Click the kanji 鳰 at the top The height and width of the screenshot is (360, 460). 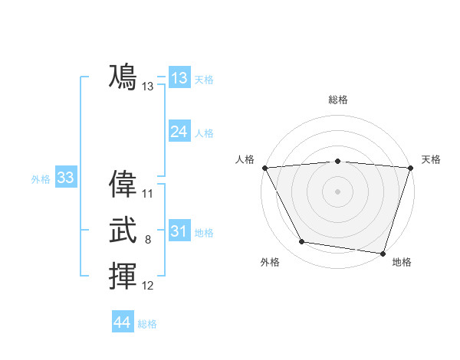point(123,77)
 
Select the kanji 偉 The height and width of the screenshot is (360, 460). point(123,185)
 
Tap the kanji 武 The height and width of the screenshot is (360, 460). point(123,231)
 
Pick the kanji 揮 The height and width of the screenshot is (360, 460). point(123,277)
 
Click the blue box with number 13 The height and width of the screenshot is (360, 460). point(179,78)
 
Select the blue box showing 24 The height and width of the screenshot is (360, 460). point(179,132)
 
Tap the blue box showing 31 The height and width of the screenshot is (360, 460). point(179,231)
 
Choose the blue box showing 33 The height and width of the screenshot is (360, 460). point(65,178)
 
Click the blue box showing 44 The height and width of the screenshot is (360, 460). point(122,322)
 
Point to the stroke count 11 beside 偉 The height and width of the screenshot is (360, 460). point(148,194)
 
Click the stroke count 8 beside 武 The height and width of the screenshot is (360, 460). point(148,240)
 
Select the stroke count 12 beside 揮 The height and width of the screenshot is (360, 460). point(148,286)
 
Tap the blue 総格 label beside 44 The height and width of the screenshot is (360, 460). point(147,324)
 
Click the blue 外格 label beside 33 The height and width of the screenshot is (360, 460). point(41,179)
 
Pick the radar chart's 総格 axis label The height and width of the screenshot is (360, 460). point(338,100)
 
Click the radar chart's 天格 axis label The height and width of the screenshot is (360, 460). point(431,159)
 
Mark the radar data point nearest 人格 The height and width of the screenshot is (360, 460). point(264,167)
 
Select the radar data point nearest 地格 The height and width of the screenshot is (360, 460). point(383,253)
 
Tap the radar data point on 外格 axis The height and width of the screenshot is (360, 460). point(302,242)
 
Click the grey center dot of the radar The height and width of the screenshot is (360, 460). point(338,191)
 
